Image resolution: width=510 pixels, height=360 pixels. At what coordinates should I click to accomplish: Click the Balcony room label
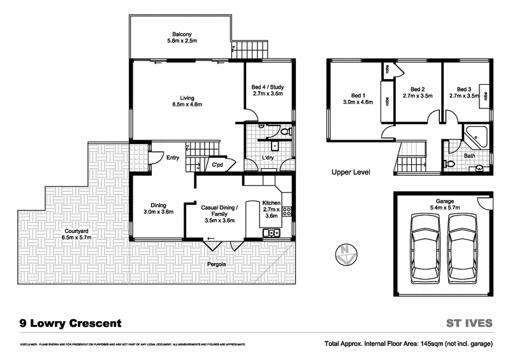point(182,38)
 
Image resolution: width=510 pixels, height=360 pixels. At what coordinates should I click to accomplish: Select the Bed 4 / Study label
point(268,90)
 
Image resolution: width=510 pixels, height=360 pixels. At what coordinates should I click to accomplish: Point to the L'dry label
point(268,157)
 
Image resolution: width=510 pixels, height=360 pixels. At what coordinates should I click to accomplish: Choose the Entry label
point(172,158)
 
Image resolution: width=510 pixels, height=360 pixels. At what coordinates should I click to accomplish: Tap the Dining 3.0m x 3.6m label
point(157,208)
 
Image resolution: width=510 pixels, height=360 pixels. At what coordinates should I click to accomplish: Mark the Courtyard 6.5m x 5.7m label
point(76,234)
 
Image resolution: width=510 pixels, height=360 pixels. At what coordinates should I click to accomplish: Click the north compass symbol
point(344,254)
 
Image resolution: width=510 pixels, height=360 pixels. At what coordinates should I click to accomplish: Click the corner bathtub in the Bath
point(475,136)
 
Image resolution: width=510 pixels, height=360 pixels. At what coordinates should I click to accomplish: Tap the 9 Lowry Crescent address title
point(70,323)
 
